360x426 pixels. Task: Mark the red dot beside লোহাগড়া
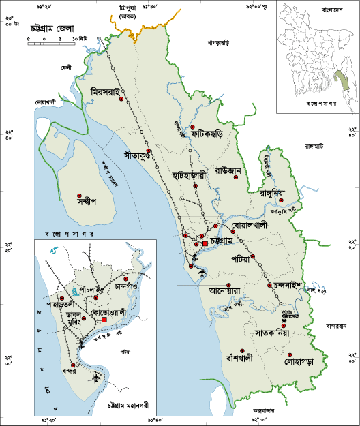coord(290,356)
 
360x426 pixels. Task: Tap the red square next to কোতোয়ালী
coord(104,320)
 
